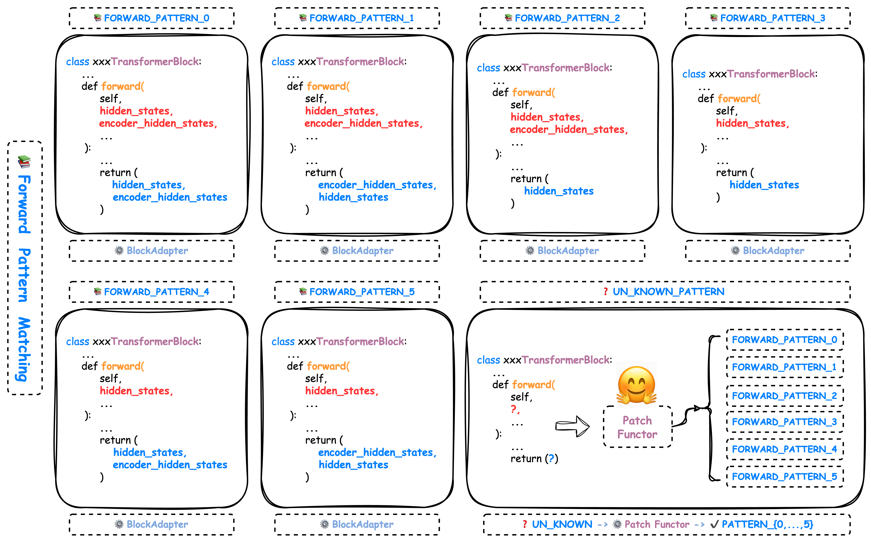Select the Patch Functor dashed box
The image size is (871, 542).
(x=637, y=427)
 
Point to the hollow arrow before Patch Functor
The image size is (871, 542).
(x=572, y=426)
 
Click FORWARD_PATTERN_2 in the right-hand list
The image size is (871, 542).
(x=784, y=396)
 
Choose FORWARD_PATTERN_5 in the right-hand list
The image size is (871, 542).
(x=784, y=476)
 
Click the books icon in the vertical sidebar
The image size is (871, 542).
(x=24, y=162)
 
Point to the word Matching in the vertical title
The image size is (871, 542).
(x=24, y=350)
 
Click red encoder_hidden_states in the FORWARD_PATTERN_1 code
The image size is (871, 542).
(x=363, y=123)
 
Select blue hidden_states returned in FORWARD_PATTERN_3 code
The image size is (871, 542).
(x=764, y=185)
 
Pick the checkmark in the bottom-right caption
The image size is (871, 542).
(x=714, y=524)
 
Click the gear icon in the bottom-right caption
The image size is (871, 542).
(x=617, y=524)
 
